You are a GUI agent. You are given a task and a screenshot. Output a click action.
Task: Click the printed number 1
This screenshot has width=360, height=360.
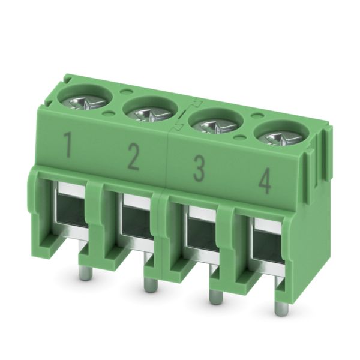[67, 145]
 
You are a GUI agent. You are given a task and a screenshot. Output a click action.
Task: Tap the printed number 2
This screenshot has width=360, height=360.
[133, 157]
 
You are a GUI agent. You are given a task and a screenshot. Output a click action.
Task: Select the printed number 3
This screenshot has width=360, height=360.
[199, 169]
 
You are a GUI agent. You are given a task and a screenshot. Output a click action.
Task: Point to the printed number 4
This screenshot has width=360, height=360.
[265, 181]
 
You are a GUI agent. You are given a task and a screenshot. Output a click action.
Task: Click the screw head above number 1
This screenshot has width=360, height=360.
[86, 103]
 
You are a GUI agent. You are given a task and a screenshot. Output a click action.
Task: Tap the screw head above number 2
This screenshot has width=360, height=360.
[151, 115]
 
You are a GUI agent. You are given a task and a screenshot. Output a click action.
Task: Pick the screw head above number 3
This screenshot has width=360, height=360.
[217, 127]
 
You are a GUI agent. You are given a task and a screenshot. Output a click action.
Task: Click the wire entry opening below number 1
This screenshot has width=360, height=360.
[72, 212]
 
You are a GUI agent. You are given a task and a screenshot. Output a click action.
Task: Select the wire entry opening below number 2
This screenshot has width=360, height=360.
[137, 224]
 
